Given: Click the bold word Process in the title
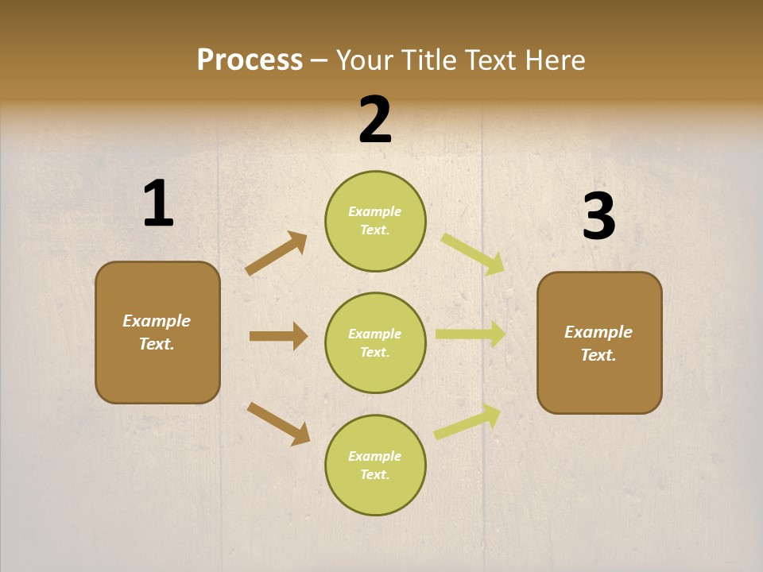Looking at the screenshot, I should point(250,60).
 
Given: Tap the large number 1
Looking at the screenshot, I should point(158,204).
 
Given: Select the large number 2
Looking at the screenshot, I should point(375,120).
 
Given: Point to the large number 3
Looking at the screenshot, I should point(599,217).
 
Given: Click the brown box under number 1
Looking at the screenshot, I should point(157,332).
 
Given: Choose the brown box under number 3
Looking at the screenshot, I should point(599,342).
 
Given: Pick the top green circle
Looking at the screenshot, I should point(375,221).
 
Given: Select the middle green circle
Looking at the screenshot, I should point(375,342).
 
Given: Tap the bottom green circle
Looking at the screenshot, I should point(375,465).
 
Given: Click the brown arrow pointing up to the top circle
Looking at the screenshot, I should point(277,253).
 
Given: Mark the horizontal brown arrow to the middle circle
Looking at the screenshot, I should point(278,336).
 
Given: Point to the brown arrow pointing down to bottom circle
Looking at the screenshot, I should point(278,423).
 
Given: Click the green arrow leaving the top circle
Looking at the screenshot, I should point(473,254).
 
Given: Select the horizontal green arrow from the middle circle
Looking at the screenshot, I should point(471,334).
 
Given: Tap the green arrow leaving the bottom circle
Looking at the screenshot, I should point(467,422).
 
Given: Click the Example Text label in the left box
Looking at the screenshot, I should point(157,332).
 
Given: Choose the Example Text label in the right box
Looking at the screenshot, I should point(598,343).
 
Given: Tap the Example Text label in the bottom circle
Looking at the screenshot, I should point(375,465).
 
